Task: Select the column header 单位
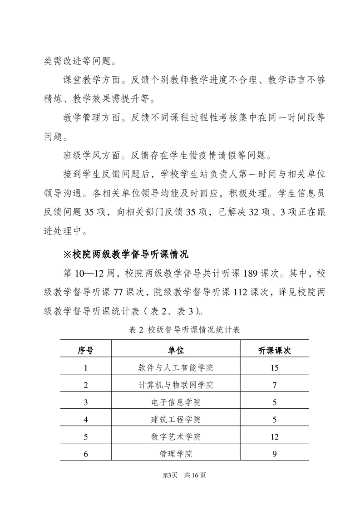coord(176,350)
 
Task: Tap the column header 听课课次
coord(274,350)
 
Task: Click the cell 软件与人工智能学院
coord(176,367)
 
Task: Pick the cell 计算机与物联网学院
coord(176,385)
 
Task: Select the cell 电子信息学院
coord(176,402)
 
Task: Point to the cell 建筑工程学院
coord(176,420)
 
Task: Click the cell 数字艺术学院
coord(176,437)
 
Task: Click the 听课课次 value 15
coord(274,367)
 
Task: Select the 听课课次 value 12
coord(274,437)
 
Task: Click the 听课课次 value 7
coord(274,385)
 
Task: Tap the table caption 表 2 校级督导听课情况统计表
coord(180,330)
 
